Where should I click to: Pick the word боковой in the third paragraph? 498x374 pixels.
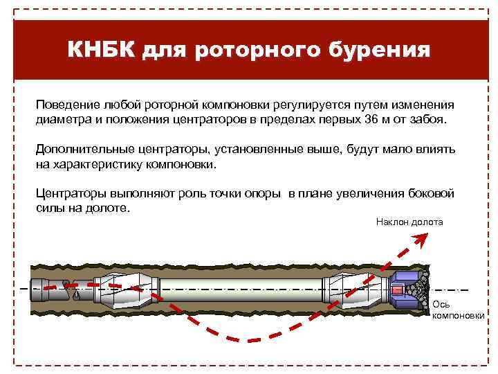click(x=432, y=195)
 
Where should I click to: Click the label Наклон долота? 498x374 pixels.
click(x=409, y=222)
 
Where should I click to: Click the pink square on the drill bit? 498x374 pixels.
click(x=397, y=290)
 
